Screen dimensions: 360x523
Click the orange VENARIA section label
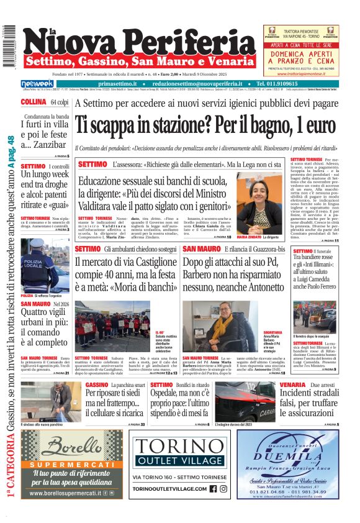coord(275,385)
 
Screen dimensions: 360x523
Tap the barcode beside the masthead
coord(9,46)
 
